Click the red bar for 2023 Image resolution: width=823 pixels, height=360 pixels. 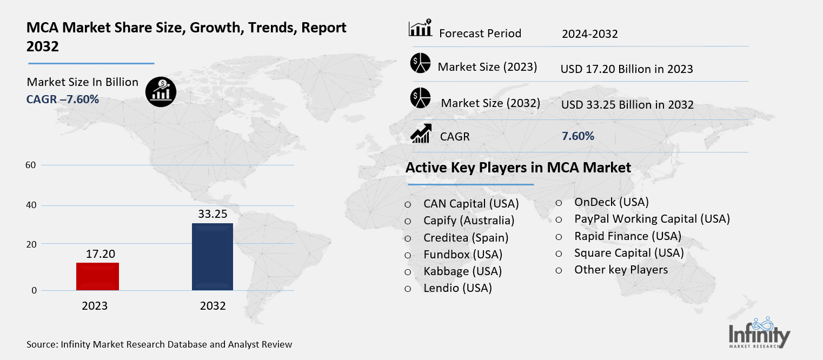tap(98, 276)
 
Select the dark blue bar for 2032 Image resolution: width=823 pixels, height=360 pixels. tap(213, 257)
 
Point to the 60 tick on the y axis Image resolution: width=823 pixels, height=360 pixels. tap(30, 165)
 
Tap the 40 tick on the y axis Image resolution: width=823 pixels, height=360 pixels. tap(30, 205)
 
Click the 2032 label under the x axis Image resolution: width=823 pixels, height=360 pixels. tap(213, 306)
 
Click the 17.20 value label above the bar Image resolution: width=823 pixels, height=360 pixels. tap(101, 254)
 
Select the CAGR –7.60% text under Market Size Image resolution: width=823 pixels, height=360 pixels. tap(63, 99)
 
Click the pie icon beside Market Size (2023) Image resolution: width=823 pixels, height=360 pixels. tap(420, 63)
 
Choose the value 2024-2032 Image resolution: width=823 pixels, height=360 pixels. tap(589, 35)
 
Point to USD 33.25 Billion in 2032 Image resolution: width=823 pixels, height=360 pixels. tap(627, 105)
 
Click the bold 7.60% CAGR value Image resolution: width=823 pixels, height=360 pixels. tap(578, 136)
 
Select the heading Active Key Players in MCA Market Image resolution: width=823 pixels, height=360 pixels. tap(518, 168)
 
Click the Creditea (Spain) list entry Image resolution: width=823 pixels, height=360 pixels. tap(466, 237)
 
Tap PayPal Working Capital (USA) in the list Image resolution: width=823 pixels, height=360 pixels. tap(652, 219)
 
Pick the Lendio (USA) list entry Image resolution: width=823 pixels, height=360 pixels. tap(457, 288)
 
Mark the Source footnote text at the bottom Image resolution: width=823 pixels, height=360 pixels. tap(159, 344)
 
